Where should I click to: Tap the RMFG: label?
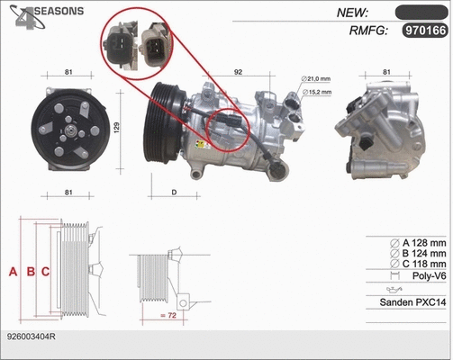[x=367, y=31]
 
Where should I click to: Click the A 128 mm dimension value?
[x=423, y=243]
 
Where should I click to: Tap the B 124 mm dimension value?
[x=423, y=254]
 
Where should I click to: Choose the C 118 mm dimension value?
[x=423, y=265]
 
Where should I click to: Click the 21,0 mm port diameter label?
[x=318, y=79]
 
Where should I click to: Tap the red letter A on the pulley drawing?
[x=13, y=271]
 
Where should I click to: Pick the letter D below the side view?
[x=173, y=191]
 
